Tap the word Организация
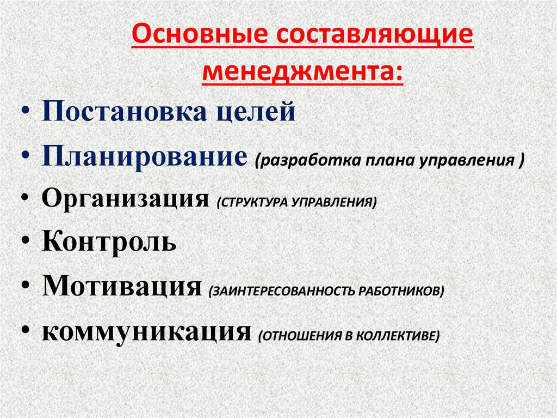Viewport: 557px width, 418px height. click(126, 199)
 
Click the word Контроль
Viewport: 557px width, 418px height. click(109, 241)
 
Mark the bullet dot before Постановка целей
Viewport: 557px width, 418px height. click(27, 113)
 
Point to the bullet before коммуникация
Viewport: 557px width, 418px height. click(27, 332)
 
